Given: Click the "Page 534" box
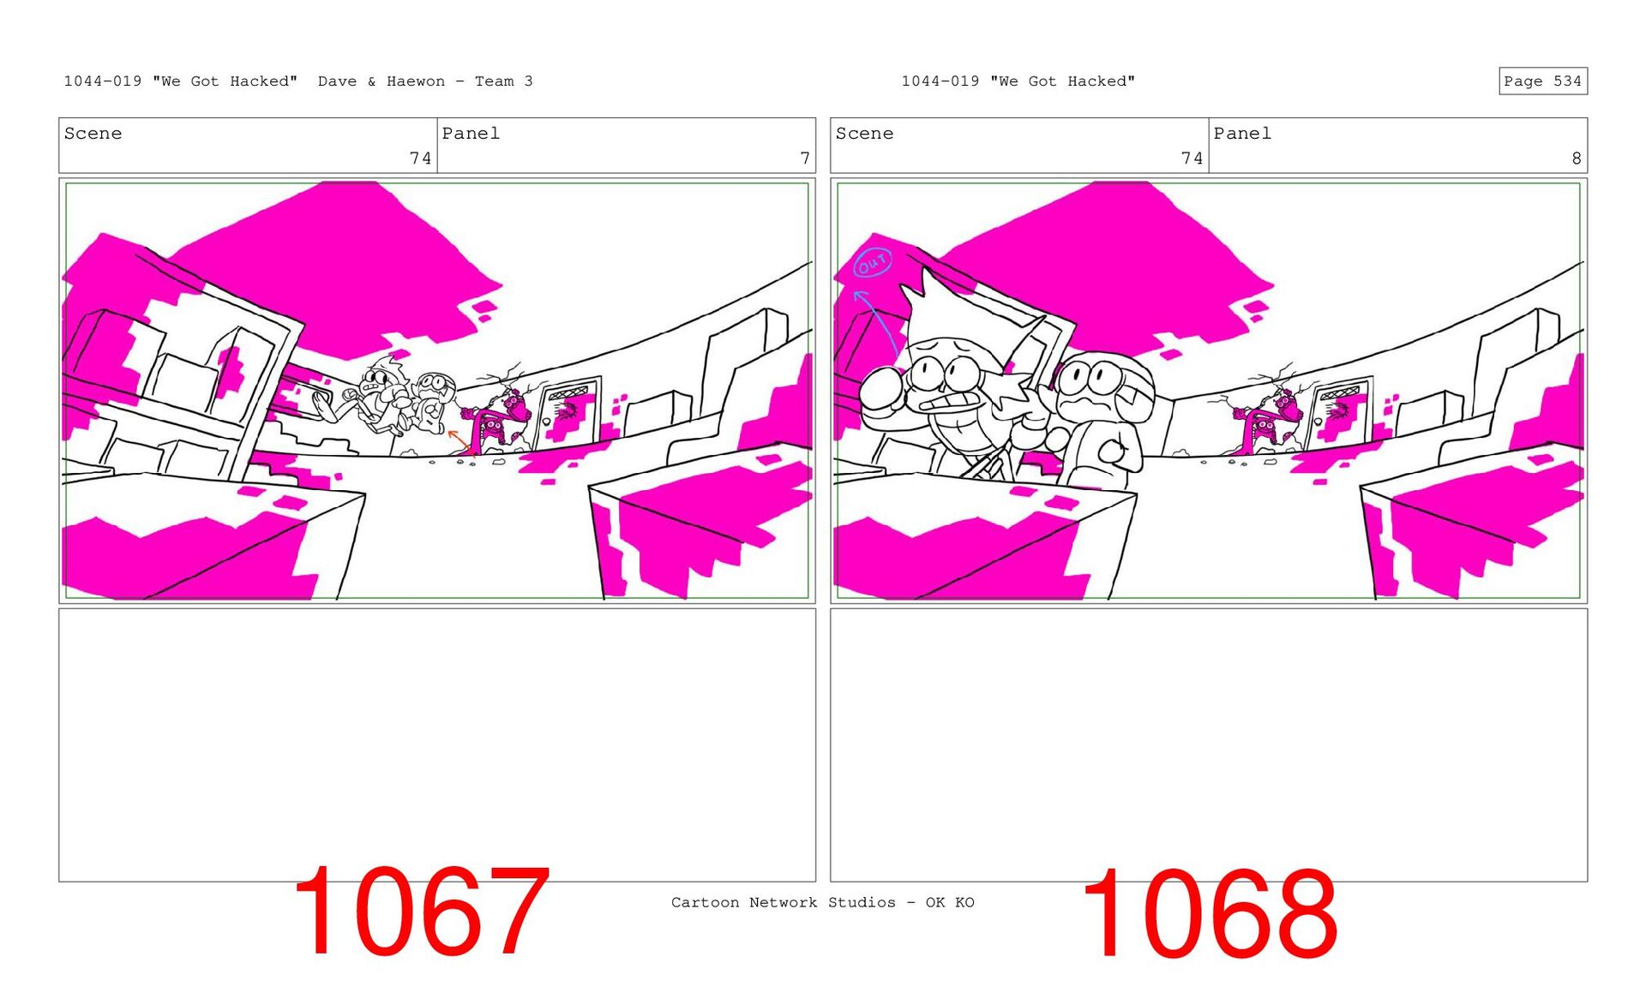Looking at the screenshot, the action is (1542, 81).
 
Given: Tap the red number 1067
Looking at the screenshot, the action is (421, 912).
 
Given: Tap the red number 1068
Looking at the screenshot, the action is (1210, 913).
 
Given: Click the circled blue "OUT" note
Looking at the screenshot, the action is (873, 263).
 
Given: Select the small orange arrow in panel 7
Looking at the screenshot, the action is (460, 440).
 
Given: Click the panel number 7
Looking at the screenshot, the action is (804, 159).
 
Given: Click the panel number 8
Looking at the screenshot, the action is (1576, 159).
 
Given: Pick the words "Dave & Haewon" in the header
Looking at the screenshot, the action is (381, 81).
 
